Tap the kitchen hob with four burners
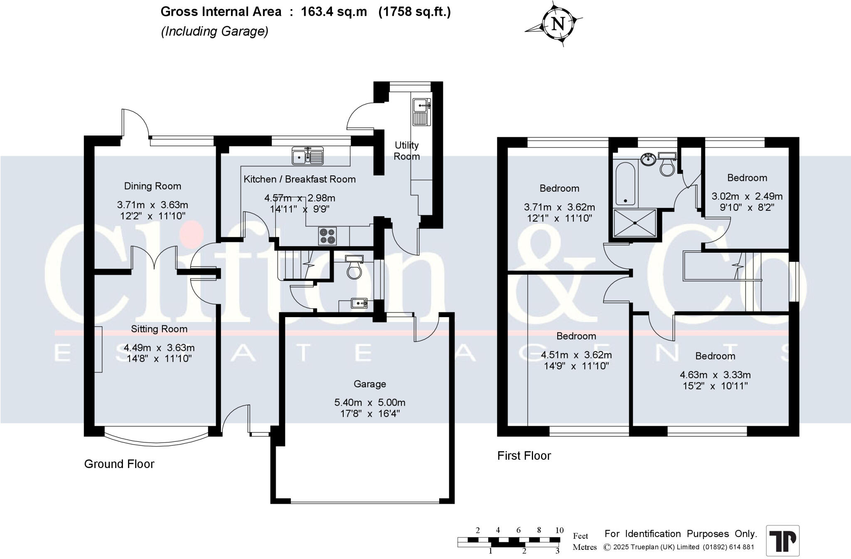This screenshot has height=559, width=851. [x=327, y=236]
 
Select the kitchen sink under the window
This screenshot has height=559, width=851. [x=307, y=156]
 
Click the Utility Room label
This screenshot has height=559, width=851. [x=406, y=151]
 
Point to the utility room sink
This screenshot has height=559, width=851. [x=421, y=112]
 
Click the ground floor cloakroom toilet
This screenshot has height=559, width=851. [x=354, y=267]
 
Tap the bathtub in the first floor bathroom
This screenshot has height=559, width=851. [x=625, y=184]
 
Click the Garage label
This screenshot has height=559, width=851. [x=369, y=384]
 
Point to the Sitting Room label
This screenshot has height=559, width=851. [x=159, y=329]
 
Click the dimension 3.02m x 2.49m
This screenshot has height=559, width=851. [x=747, y=196]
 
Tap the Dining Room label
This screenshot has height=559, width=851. [x=152, y=186]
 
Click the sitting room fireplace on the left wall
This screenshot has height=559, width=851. [x=98, y=349]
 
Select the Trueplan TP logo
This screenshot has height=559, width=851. [x=782, y=541]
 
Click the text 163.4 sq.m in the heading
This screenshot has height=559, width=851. [x=334, y=12]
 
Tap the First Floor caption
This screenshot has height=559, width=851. [x=524, y=456]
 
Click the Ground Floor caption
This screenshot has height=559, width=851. [x=119, y=464]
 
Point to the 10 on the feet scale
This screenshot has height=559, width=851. [x=559, y=530]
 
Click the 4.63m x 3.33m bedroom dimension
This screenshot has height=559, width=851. [x=715, y=375]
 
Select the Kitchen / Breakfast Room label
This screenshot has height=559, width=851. [x=299, y=180]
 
